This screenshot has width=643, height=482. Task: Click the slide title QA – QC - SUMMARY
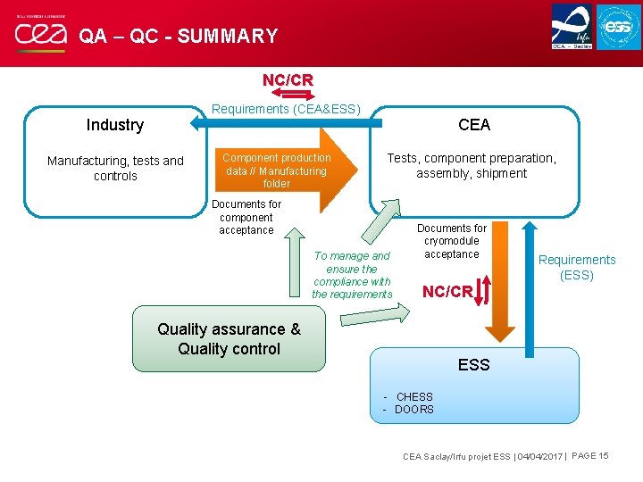coord(179,37)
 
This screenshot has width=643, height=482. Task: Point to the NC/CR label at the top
coord(288,80)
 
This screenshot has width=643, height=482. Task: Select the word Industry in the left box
coord(114,125)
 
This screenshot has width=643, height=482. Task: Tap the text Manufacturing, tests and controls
coord(115,168)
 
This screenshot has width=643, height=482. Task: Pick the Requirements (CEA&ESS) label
coord(286,110)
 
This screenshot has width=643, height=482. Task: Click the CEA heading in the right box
coord(474,124)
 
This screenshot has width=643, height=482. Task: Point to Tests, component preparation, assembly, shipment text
coord(472,165)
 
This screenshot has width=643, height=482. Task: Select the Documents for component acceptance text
coord(246,217)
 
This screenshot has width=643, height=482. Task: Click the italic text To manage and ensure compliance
coord(352,275)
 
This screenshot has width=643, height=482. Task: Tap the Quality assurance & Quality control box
coord(230,339)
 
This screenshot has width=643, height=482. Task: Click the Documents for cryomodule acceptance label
coord(452,241)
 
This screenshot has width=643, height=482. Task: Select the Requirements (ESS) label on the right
coord(577,267)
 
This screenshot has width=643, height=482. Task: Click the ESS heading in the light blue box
coord(474,365)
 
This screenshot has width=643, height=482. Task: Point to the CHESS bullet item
coord(413,396)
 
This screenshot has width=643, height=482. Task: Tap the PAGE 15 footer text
coord(589,456)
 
